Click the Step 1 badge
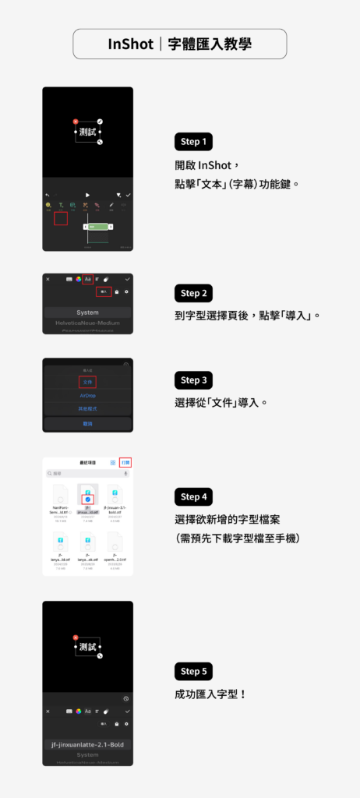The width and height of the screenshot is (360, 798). coord(194,142)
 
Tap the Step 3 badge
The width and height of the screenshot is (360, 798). coord(194,380)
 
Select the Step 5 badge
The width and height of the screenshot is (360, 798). coord(194,671)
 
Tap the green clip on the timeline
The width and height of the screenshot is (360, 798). coord(97,226)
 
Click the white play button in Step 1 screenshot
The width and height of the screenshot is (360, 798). coord(87,194)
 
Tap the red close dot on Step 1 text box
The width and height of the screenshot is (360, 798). coord(76,122)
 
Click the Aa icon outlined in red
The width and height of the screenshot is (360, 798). coord(88,279)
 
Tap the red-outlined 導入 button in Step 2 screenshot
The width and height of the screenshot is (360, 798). coord(104,291)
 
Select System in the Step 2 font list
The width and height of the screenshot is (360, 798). coord(87,312)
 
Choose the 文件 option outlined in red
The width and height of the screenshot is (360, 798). coord(87,382)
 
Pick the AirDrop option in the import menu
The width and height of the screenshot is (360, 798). coord(87,396)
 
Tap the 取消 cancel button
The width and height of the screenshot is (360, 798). coord(87,423)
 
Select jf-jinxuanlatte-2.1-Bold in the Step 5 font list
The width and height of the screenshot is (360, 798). coord(87,744)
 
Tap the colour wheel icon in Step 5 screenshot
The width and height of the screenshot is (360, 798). coord(78,711)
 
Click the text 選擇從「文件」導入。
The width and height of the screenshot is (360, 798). coord(221,403)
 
